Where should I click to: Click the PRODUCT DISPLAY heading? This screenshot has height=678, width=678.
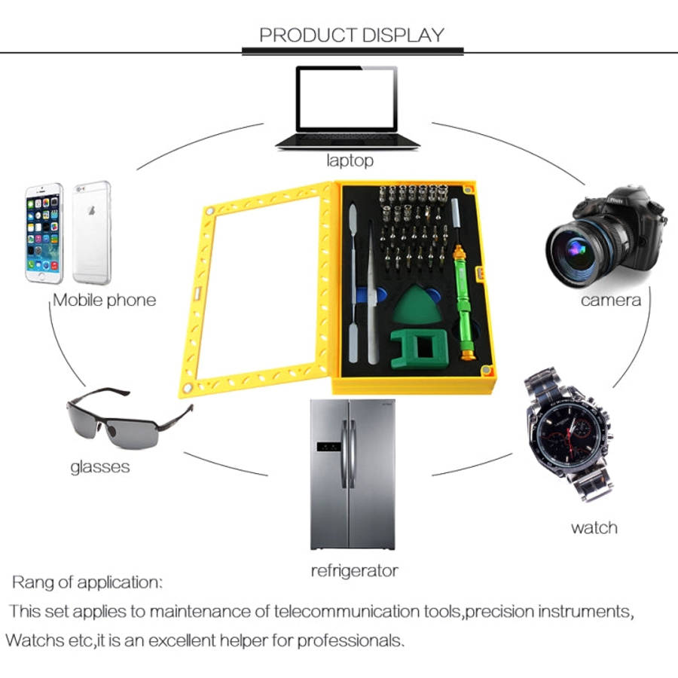(352, 35)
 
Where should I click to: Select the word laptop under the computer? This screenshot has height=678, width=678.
(350, 160)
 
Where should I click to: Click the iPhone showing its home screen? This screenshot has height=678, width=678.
(44, 234)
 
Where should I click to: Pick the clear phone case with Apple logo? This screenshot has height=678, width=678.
(92, 233)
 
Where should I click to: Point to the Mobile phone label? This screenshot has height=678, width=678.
(104, 300)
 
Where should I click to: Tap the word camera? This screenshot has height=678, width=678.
(610, 301)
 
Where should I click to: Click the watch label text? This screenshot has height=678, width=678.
(594, 527)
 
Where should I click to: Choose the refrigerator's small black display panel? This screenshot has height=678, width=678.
(328, 447)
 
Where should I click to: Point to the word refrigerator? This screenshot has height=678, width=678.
(354, 571)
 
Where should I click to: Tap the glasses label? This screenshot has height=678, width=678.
(100, 467)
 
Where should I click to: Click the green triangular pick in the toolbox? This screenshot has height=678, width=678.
(416, 305)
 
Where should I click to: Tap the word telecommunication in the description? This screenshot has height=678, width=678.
(347, 612)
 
